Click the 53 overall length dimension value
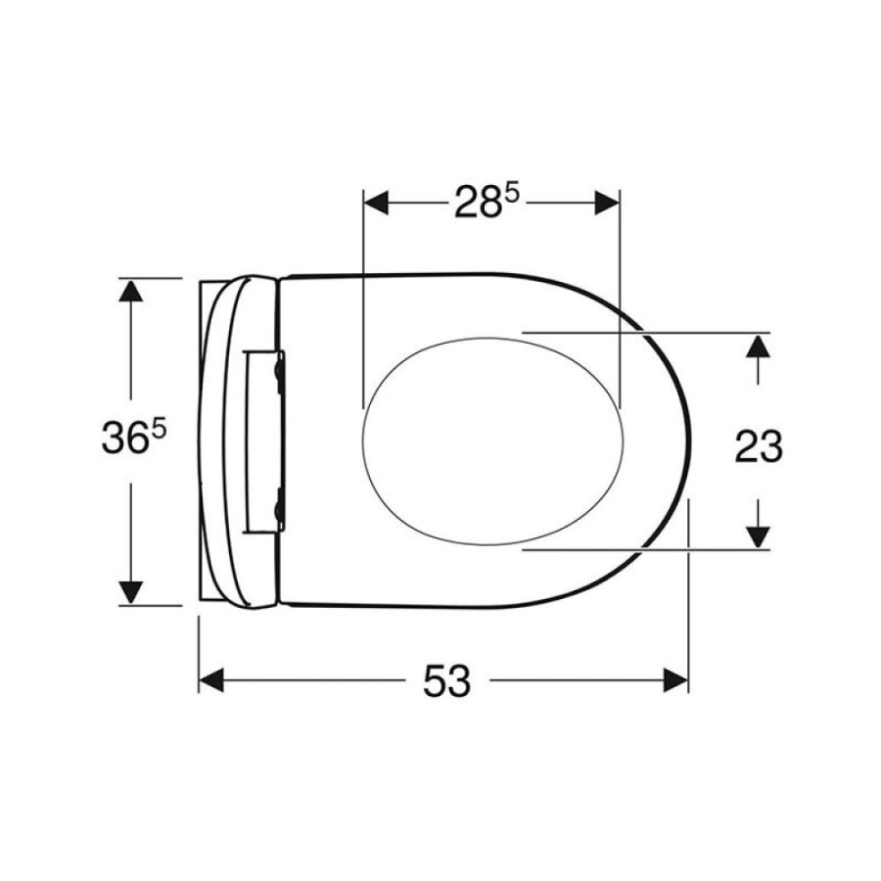[x=446, y=680]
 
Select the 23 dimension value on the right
[x=759, y=446]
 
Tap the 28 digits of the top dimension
[x=478, y=203]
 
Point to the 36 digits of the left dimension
[x=125, y=439]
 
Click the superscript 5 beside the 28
[x=512, y=195]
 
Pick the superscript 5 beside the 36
[x=159, y=431]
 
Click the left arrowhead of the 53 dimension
[x=211, y=680]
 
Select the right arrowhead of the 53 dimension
[x=675, y=680]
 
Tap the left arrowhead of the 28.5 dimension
[x=376, y=203]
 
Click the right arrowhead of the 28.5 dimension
[x=607, y=203]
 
